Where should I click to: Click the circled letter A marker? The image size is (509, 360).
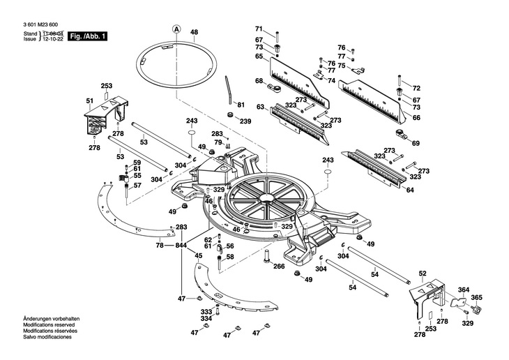(176, 29)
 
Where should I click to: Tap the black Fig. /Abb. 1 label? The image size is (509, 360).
(87, 36)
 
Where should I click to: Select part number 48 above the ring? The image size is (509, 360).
(194, 32)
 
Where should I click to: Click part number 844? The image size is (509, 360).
(181, 246)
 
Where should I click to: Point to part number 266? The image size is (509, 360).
(278, 267)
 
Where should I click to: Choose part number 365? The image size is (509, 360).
(476, 297)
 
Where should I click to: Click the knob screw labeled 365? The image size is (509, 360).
(476, 309)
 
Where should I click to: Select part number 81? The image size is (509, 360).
(241, 105)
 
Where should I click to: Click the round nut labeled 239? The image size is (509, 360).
(231, 114)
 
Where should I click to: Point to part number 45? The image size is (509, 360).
(198, 256)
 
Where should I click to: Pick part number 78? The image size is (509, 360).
(160, 246)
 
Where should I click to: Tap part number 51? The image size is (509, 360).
(89, 101)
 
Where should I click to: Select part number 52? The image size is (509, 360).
(423, 273)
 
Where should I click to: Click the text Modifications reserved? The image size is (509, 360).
(49, 324)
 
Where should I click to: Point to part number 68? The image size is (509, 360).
(259, 80)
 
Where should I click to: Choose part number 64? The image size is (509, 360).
(410, 190)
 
